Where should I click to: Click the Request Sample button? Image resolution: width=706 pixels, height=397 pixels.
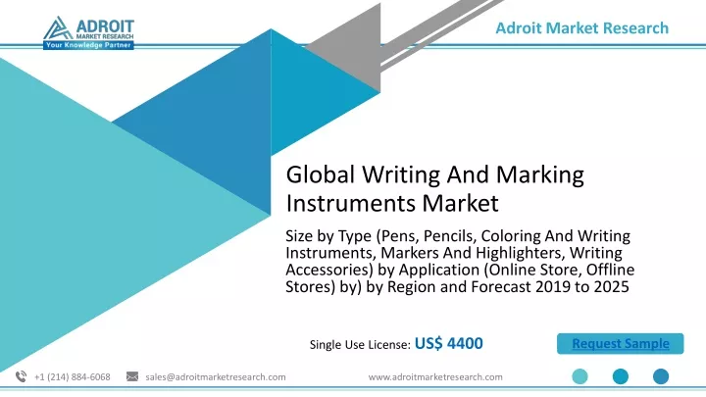tap(620, 344)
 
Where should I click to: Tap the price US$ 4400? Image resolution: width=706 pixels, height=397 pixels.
tap(448, 343)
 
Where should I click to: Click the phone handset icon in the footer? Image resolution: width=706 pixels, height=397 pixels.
tap(21, 376)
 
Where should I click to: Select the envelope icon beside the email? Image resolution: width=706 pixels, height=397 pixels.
tap(132, 376)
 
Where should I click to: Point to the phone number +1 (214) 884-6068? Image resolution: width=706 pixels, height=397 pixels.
tap(72, 377)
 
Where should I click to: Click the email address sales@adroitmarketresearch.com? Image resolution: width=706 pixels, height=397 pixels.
tap(215, 377)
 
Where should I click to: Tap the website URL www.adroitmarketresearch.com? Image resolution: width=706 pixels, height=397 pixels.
tap(435, 377)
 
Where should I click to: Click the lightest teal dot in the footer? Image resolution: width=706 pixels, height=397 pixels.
tap(580, 376)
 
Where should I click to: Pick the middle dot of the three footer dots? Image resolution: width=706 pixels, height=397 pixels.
tap(621, 376)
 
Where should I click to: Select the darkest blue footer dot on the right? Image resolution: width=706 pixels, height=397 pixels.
tap(661, 376)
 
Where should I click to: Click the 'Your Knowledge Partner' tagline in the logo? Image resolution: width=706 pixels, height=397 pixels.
tap(88, 45)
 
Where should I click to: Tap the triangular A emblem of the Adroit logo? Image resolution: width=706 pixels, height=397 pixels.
tap(58, 28)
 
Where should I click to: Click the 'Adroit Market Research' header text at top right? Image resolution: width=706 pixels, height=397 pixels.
tap(581, 27)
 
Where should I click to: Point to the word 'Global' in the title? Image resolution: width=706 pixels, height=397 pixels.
tap(320, 174)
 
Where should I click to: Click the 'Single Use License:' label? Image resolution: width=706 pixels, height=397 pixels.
tap(360, 345)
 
